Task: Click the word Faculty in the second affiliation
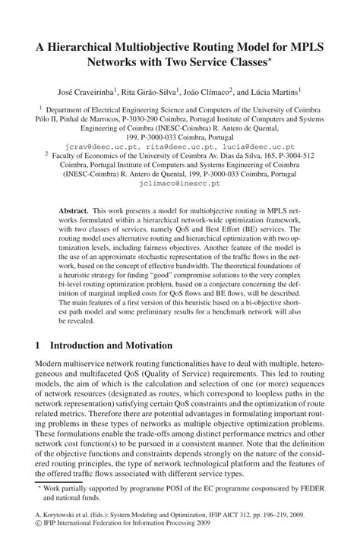pyautogui.click(x=68, y=155)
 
